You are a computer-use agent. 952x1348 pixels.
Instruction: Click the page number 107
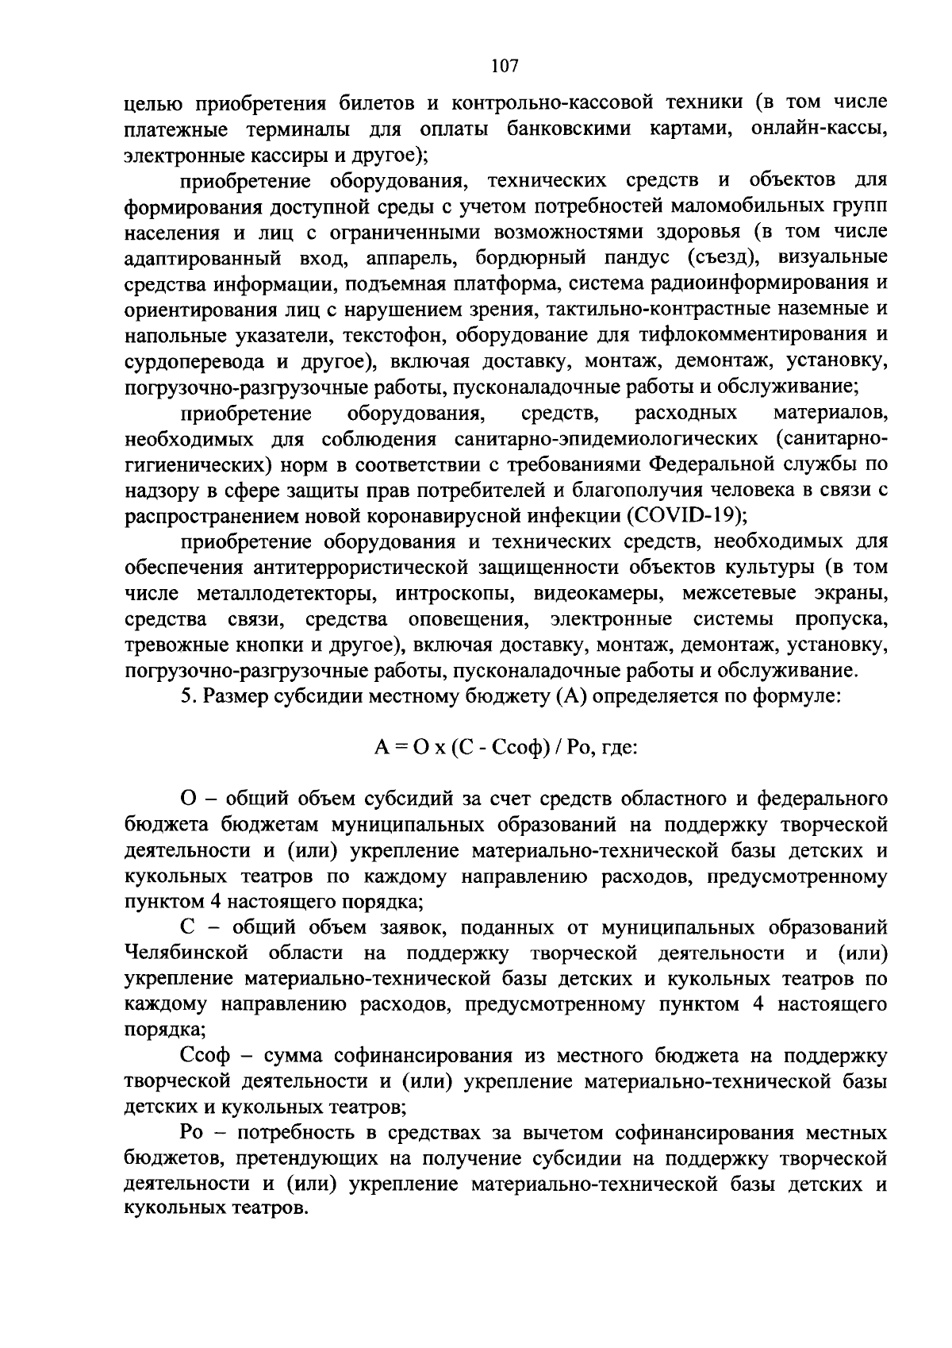click(x=505, y=66)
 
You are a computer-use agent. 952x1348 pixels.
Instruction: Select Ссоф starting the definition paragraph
click(x=205, y=1056)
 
